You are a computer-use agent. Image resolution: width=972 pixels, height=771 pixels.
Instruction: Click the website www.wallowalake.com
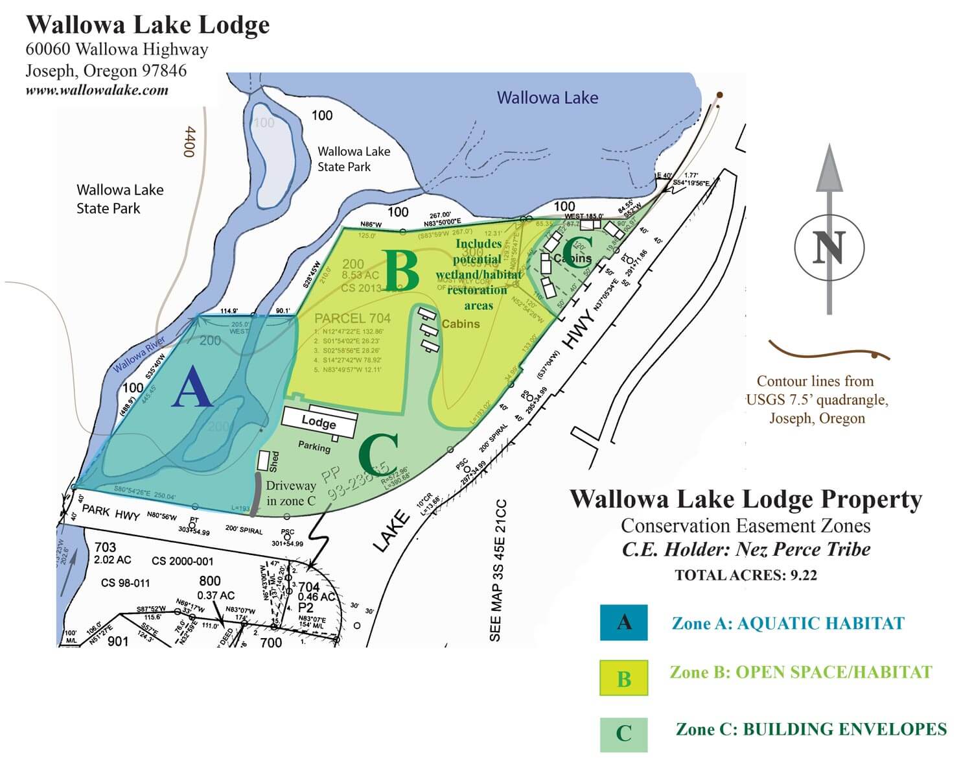[x=97, y=90]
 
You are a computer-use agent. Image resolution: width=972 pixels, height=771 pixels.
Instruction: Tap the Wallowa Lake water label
[x=547, y=98]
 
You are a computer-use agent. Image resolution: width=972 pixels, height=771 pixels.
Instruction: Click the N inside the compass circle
[x=829, y=246]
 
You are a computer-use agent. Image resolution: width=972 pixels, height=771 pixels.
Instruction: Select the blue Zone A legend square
[x=623, y=623]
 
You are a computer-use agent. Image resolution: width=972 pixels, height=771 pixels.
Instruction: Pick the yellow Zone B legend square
[x=623, y=678]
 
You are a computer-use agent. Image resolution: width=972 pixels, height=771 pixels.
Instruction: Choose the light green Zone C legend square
[x=623, y=734]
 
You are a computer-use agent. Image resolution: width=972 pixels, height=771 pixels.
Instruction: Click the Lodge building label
[x=319, y=421]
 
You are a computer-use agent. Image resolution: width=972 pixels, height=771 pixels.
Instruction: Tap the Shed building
[x=264, y=460]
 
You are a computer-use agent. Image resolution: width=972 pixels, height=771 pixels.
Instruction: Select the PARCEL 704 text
[x=352, y=318]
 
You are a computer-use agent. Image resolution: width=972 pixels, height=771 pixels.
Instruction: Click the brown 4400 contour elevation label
[x=189, y=141]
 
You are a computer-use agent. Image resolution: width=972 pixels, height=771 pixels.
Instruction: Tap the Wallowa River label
[x=139, y=355]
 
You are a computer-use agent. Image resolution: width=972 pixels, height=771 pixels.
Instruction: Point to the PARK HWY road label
[x=110, y=512]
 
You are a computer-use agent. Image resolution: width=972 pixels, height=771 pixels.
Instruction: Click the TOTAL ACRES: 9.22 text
[x=745, y=575]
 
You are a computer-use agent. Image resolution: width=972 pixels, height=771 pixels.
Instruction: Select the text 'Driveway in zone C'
[x=291, y=493]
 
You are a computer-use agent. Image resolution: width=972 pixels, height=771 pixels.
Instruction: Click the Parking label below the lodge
[x=314, y=446]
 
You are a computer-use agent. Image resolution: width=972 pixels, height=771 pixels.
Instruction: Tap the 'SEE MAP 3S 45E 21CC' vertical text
[x=496, y=571]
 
